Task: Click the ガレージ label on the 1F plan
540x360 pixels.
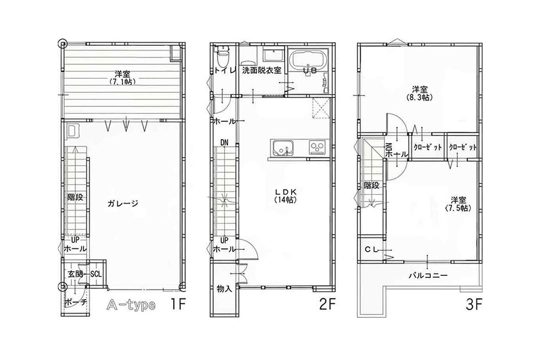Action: (124, 203)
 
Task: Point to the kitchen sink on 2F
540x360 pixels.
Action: (282, 147)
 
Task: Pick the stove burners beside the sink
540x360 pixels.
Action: (317, 147)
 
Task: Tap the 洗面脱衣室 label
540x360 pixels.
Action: (261, 70)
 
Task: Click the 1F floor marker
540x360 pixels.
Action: (178, 304)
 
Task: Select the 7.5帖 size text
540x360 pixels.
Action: (457, 208)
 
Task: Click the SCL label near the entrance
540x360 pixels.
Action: (96, 274)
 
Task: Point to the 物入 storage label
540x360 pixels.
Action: (224, 288)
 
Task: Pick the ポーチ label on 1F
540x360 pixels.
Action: (76, 302)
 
